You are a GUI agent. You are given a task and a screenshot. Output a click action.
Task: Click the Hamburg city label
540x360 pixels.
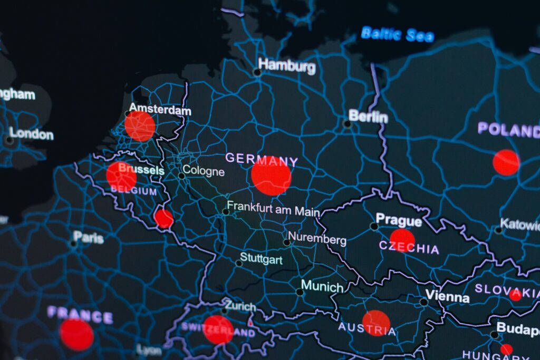(x=287, y=66)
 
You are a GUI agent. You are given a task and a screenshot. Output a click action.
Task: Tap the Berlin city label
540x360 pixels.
(x=368, y=116)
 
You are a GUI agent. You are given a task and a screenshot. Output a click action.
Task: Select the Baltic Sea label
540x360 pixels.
(x=398, y=35)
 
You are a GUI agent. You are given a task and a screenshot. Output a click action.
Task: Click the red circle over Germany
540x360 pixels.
(x=271, y=176)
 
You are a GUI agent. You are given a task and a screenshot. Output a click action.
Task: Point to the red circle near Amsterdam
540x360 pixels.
(x=140, y=127)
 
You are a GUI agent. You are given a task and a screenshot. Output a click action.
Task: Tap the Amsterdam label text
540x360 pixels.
(x=160, y=110)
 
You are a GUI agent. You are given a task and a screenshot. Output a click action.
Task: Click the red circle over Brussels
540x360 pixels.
(x=121, y=176)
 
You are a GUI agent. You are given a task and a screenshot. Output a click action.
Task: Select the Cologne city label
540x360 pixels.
(x=204, y=172)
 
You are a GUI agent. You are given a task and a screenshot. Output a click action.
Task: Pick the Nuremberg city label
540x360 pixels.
(x=317, y=239)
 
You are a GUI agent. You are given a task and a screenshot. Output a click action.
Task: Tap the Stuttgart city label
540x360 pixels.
(x=261, y=259)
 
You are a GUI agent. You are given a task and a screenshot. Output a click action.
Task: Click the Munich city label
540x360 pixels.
(x=322, y=287)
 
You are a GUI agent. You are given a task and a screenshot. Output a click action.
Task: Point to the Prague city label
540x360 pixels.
(x=398, y=220)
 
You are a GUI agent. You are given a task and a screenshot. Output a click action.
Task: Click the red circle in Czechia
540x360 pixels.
(x=402, y=240)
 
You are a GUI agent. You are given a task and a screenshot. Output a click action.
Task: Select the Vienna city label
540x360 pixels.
(x=447, y=296)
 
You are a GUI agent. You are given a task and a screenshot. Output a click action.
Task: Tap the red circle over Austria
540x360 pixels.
(x=376, y=323)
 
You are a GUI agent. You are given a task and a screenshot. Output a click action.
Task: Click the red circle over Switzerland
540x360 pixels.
(x=218, y=329)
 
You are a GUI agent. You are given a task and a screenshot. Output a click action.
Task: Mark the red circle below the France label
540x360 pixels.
(x=76, y=335)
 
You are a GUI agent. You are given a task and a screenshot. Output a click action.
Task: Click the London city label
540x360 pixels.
(x=32, y=133)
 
